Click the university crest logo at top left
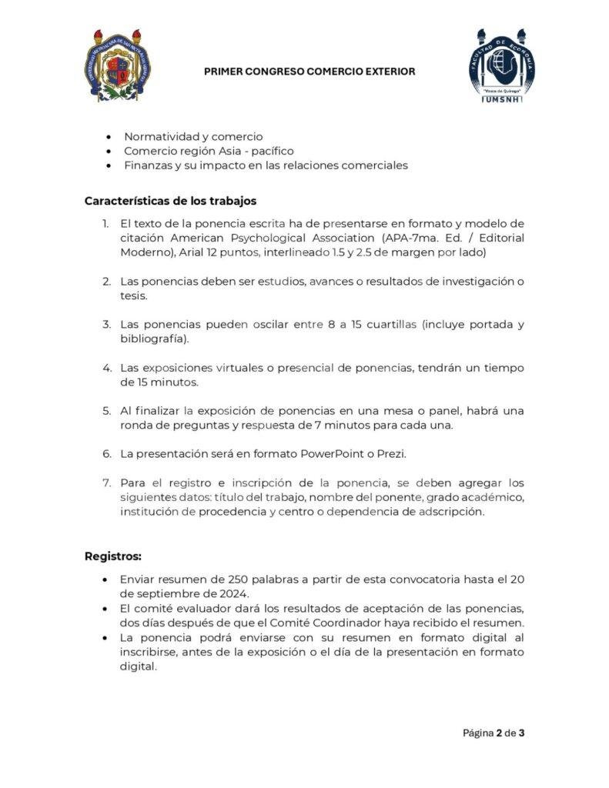(115, 66)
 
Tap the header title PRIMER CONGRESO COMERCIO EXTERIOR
(310, 72)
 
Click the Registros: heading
(113, 556)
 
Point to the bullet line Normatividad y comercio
(193, 137)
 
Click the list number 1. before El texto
(106, 223)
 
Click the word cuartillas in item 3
(391, 325)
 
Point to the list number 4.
(106, 368)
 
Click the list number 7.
(106, 483)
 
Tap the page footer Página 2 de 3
(494, 733)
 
